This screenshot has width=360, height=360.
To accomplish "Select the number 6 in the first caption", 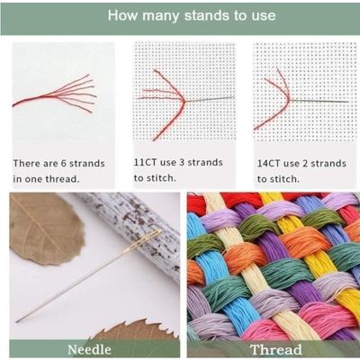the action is click(x=64, y=163).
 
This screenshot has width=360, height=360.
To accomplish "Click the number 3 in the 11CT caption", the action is click(x=182, y=162).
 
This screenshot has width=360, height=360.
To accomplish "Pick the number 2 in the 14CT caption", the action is click(x=305, y=164).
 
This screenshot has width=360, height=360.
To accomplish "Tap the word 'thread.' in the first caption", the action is click(x=62, y=179).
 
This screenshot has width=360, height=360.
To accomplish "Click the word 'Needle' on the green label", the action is click(x=89, y=350).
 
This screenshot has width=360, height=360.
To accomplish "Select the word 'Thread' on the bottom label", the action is click(x=276, y=350).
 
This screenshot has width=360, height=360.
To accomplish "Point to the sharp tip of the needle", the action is click(x=17, y=321).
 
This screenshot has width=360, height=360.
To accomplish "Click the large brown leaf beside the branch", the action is click(x=45, y=229).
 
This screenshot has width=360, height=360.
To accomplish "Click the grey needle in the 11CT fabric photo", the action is click(x=210, y=99).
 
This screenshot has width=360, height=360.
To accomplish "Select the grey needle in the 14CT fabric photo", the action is click(x=319, y=101).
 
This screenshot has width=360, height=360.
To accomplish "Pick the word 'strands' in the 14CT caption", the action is click(x=328, y=164).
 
